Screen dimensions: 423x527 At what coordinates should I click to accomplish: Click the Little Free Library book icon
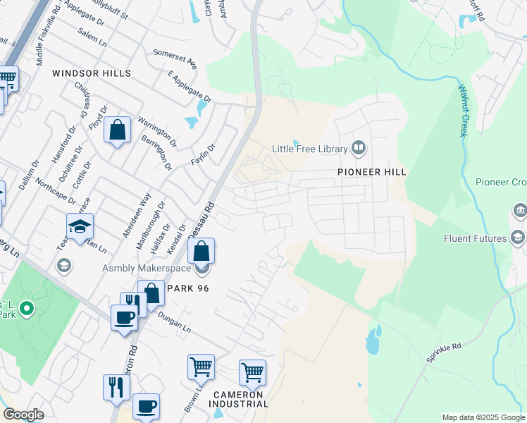pyautogui.click(x=359, y=148)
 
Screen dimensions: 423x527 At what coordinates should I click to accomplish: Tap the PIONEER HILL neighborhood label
pyautogui.click(x=372, y=172)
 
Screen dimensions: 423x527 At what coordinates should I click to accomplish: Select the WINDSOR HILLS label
pyautogui.click(x=92, y=73)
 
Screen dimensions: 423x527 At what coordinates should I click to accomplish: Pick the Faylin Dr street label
pyautogui.click(x=202, y=154)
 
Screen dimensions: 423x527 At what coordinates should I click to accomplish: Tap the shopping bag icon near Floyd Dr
pyautogui.click(x=118, y=130)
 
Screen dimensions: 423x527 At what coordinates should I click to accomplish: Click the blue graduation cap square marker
pyautogui.click(x=80, y=226)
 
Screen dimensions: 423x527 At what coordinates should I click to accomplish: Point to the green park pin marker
pyautogui.click(x=27, y=308)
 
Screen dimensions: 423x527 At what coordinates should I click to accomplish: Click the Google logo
pyautogui.click(x=24, y=415)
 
